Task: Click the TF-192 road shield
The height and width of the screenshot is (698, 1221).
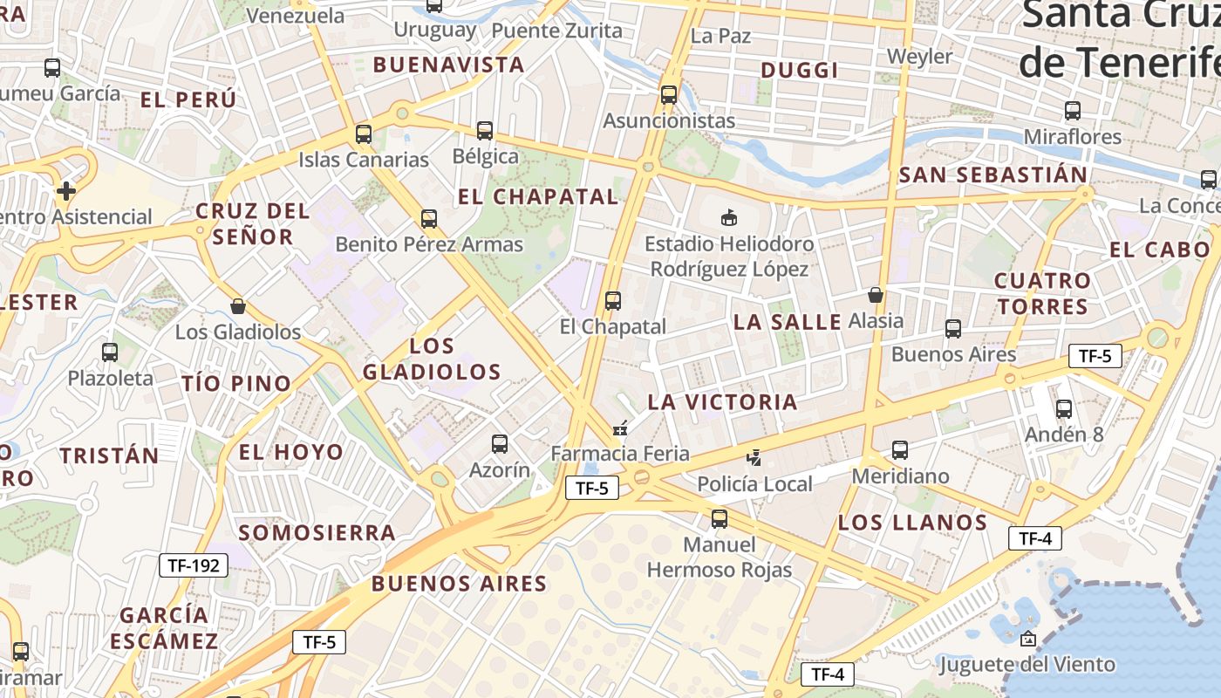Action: [194, 565]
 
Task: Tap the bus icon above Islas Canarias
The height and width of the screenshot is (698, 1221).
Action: [364, 134]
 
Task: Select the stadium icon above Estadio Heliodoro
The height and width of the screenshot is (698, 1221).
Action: [729, 217]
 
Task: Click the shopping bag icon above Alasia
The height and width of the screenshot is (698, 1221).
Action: [876, 295]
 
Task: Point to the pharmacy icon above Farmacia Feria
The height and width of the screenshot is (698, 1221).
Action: [620, 428]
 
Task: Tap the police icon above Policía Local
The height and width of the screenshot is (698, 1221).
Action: [754, 457]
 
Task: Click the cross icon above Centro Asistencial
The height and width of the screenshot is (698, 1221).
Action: [65, 190]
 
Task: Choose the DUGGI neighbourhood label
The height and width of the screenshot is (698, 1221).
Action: [800, 71]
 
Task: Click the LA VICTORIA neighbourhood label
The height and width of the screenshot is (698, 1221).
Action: [722, 402]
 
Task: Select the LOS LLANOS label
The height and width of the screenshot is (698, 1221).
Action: [912, 523]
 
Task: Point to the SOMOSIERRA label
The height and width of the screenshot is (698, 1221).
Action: [317, 532]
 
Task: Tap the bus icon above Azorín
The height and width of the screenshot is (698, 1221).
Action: [500, 444]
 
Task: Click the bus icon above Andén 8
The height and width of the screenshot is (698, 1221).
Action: [1064, 408]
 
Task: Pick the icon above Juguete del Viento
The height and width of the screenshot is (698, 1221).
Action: [1027, 639]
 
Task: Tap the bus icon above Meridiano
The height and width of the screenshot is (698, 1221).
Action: [900, 450]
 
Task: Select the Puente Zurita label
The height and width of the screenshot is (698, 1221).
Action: [557, 31]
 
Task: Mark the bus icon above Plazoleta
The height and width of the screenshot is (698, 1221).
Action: [110, 352]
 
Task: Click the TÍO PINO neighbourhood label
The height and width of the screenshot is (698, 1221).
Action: [235, 383]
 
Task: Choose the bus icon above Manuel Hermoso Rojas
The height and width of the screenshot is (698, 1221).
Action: [720, 519]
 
